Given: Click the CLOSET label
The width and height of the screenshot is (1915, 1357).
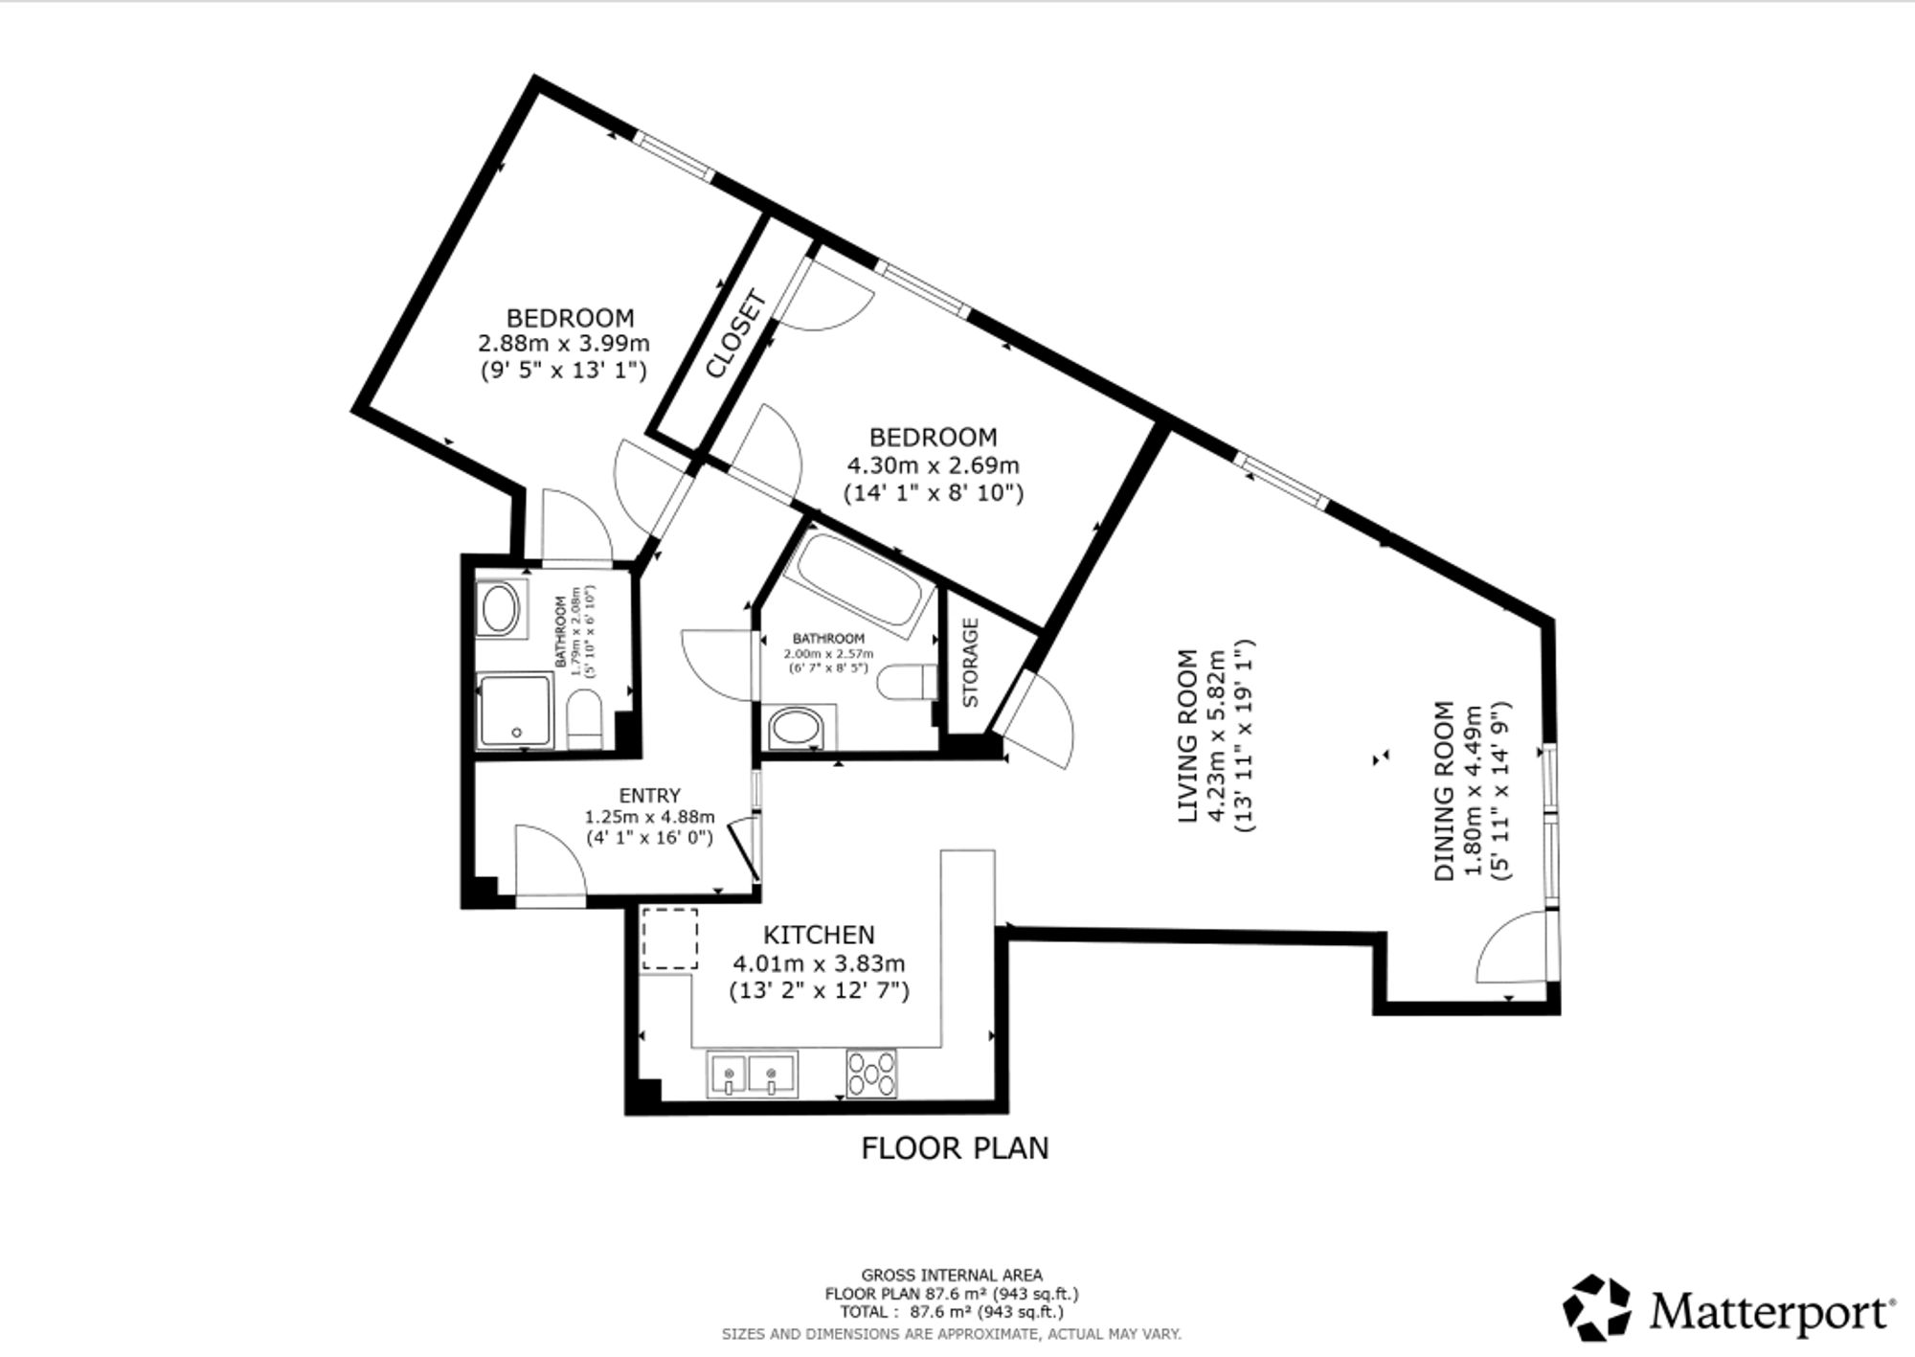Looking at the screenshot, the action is click(737, 334).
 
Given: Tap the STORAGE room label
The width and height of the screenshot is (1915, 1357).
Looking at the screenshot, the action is click(970, 663).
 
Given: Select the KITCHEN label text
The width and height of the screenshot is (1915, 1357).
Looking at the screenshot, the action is click(819, 935).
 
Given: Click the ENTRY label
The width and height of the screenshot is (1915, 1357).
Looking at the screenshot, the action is click(650, 795).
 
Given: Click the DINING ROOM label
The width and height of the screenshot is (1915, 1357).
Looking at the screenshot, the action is click(1445, 791).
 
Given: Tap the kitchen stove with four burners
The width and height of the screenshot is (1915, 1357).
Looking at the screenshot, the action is click(871, 1074).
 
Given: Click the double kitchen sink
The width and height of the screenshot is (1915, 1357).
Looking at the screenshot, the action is click(753, 1074).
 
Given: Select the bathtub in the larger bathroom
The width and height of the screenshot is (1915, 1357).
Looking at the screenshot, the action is click(859, 585).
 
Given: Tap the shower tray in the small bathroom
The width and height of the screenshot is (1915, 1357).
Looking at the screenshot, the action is click(516, 712).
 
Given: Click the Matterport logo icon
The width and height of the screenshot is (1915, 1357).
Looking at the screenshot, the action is click(1596, 1307).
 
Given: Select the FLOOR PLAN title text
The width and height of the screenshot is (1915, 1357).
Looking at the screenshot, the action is click(955, 1148).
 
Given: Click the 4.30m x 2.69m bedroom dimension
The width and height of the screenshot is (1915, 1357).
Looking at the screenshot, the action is click(934, 466).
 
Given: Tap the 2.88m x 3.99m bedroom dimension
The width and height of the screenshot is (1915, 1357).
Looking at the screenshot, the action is click(564, 343).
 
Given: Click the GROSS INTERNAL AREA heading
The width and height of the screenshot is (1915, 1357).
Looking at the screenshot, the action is click(952, 1276).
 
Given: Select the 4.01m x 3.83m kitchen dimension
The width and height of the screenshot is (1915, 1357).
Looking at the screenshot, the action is click(819, 964).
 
